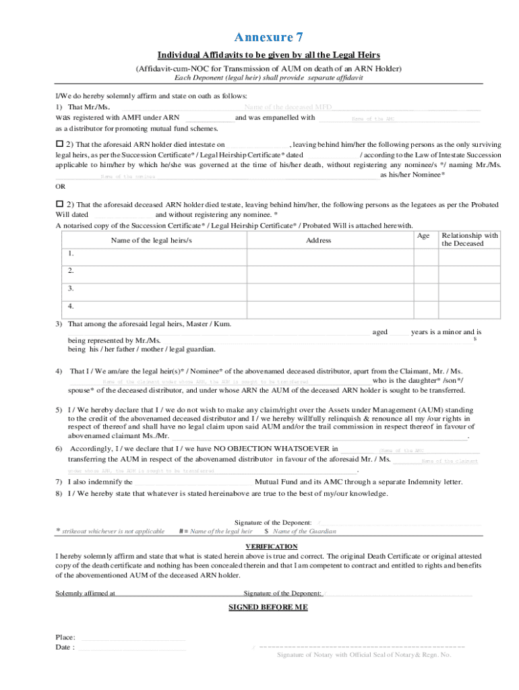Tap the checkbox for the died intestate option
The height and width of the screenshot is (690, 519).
click(59, 144)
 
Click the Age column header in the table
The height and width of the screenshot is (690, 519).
click(423, 236)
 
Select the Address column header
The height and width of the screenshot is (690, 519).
click(318, 241)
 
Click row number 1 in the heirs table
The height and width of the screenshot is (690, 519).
click(70, 254)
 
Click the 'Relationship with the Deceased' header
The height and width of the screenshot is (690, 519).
click(470, 239)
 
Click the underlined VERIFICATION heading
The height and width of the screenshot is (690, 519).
click(272, 546)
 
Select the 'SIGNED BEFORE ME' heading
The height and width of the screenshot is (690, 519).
click(269, 607)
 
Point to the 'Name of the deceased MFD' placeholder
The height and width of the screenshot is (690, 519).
click(288, 107)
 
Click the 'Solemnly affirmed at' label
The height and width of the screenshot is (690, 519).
click(85, 594)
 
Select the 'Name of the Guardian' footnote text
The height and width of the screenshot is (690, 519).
click(304, 531)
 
